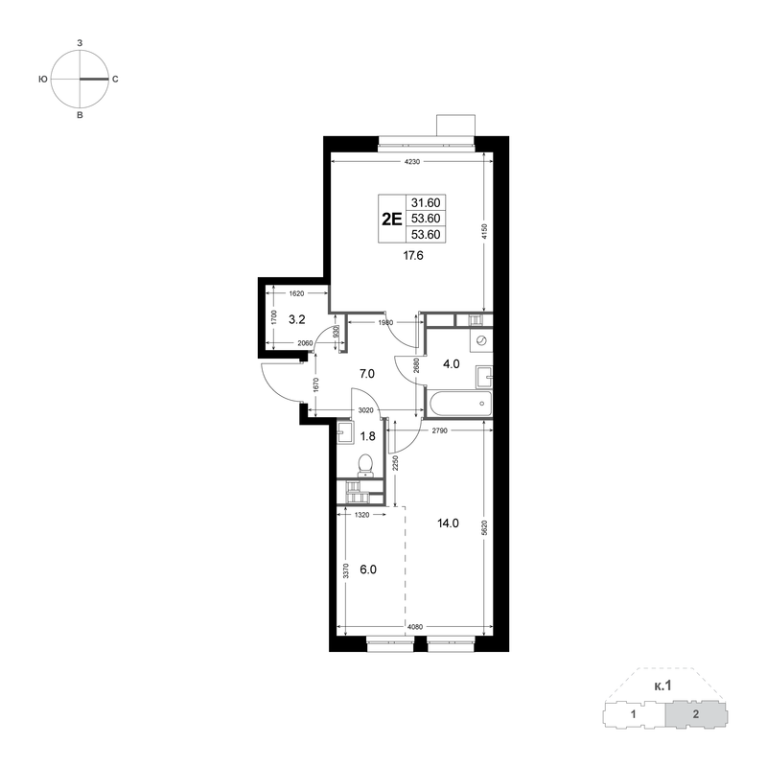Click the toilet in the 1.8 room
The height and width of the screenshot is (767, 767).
click(x=365, y=465)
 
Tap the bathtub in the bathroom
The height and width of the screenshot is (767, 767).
click(x=460, y=404)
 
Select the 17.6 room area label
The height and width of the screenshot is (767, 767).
click(x=413, y=255)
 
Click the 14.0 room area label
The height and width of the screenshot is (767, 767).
click(x=448, y=523)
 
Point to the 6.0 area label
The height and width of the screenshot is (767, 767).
click(x=368, y=569)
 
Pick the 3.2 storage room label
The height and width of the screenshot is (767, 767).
click(x=297, y=320)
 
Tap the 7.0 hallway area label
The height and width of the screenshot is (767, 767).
click(x=367, y=374)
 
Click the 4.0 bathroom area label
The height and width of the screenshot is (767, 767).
click(x=451, y=364)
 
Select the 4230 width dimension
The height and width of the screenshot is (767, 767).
click(x=412, y=162)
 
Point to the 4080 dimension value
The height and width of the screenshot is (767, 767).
click(x=414, y=627)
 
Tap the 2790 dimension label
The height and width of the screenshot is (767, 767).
click(x=440, y=430)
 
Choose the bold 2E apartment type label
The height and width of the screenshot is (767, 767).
click(x=392, y=219)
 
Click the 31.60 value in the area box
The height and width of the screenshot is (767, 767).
click(x=426, y=202)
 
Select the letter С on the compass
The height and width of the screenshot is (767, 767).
click(x=115, y=80)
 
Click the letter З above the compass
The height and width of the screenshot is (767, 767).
click(x=80, y=43)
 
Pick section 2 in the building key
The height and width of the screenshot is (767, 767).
click(x=696, y=714)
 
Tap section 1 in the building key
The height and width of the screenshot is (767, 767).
click(x=634, y=714)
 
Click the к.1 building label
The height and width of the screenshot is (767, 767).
click(x=662, y=686)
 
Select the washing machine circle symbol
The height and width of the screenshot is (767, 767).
click(x=481, y=340)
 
